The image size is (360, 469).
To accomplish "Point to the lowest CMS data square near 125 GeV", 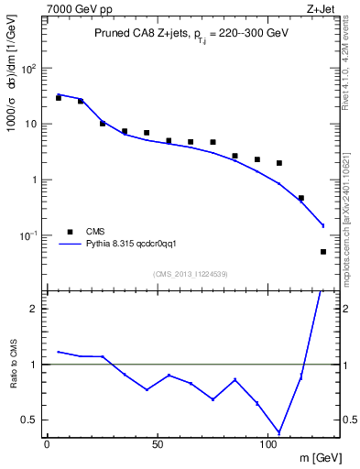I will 323,251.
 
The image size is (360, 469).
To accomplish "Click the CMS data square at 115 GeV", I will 301,198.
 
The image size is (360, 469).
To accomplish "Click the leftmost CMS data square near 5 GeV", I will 59,97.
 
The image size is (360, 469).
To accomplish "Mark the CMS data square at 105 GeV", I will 279,163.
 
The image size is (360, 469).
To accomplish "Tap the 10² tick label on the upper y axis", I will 29,69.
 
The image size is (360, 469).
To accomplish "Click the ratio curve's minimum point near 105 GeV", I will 279,432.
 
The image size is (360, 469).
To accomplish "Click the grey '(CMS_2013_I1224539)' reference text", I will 190,273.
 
